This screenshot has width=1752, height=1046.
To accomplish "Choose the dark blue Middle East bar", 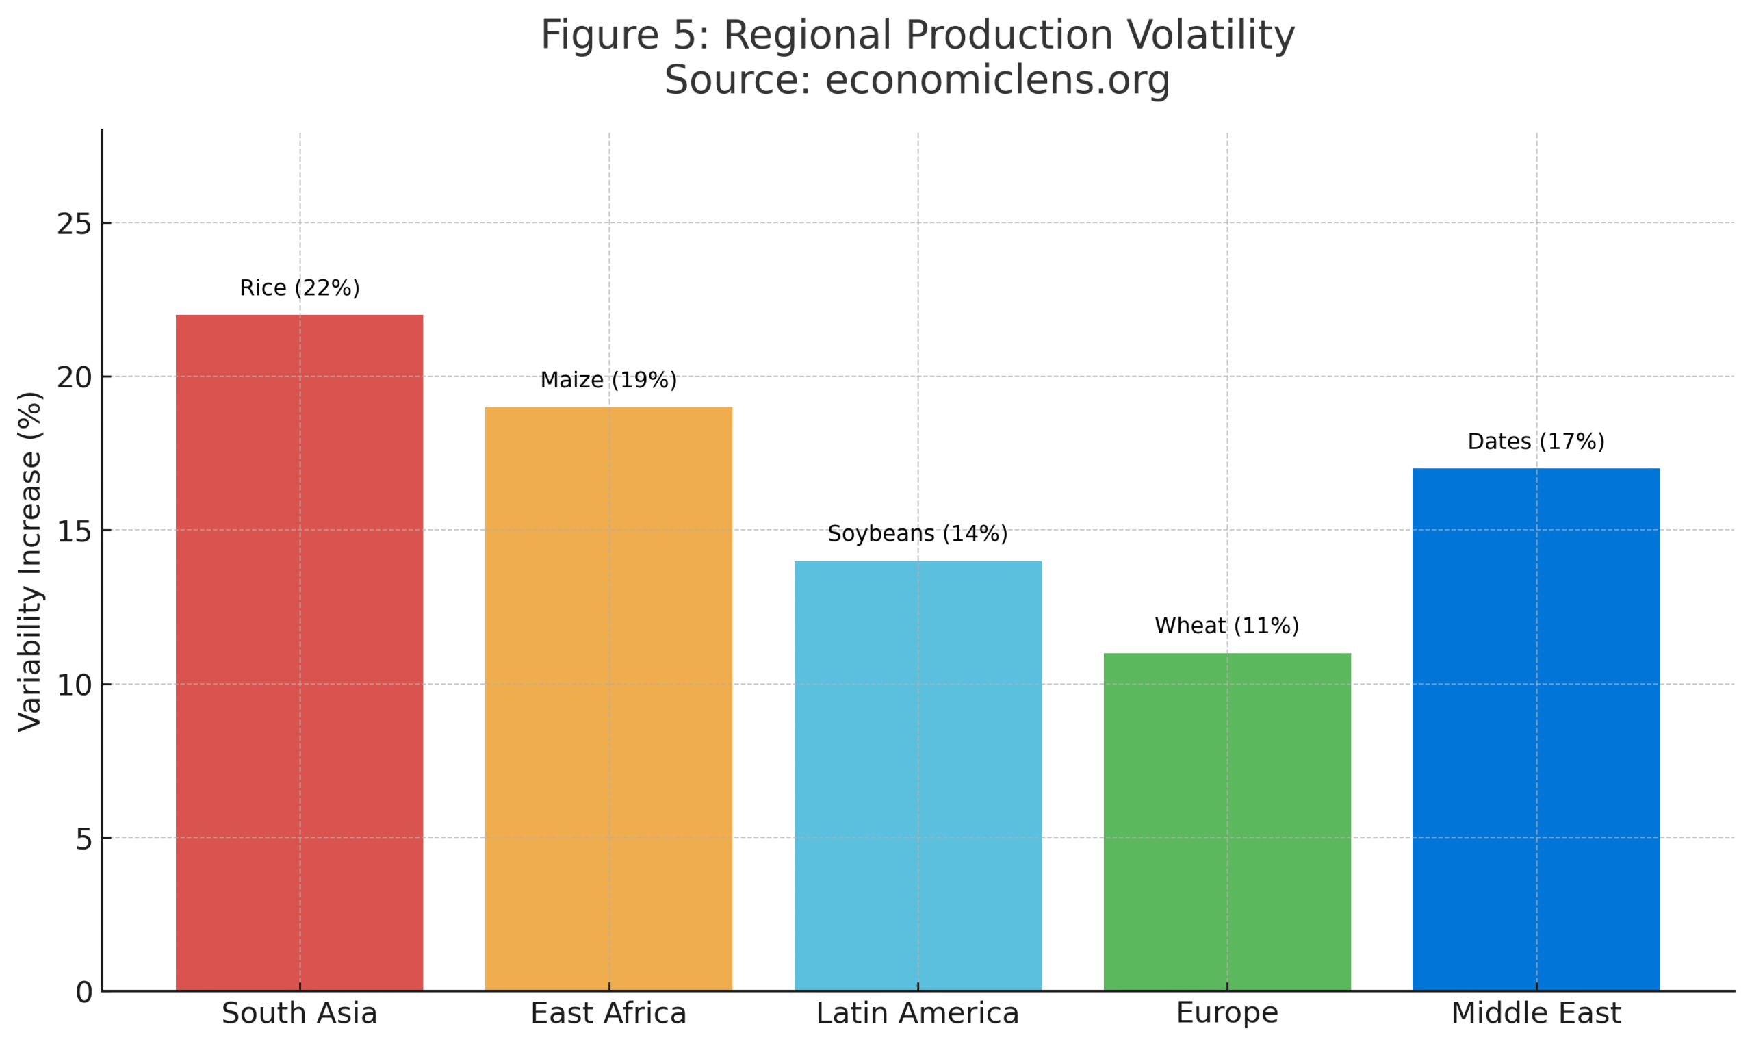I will pyautogui.click(x=1536, y=730).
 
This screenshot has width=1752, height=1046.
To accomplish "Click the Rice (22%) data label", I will pyautogui.click(x=299, y=288).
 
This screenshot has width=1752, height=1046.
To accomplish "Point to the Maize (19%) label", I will pyautogui.click(x=608, y=381).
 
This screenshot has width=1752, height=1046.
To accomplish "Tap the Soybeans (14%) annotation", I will pyautogui.click(x=917, y=533).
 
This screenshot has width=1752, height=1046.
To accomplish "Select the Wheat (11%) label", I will pyautogui.click(x=1226, y=626).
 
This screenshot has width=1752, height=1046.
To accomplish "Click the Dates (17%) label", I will pyautogui.click(x=1536, y=442).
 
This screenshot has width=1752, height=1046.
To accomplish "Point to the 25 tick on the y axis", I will pyautogui.click(x=75, y=225).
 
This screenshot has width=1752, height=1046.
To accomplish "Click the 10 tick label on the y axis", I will pyautogui.click(x=75, y=685).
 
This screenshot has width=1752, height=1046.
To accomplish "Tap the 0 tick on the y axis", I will pyautogui.click(x=83, y=993).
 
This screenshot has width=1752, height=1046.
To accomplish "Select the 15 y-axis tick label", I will pyautogui.click(x=75, y=532).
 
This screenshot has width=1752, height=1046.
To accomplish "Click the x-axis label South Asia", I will pyautogui.click(x=299, y=1014).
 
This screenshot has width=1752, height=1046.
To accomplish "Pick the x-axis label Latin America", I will pyautogui.click(x=917, y=1014).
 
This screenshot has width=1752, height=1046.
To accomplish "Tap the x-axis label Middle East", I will pyautogui.click(x=1536, y=1014).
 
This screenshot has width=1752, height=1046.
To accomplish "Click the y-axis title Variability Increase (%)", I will pyautogui.click(x=30, y=562).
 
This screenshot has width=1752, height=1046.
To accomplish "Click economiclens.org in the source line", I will pyautogui.click(x=998, y=79).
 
